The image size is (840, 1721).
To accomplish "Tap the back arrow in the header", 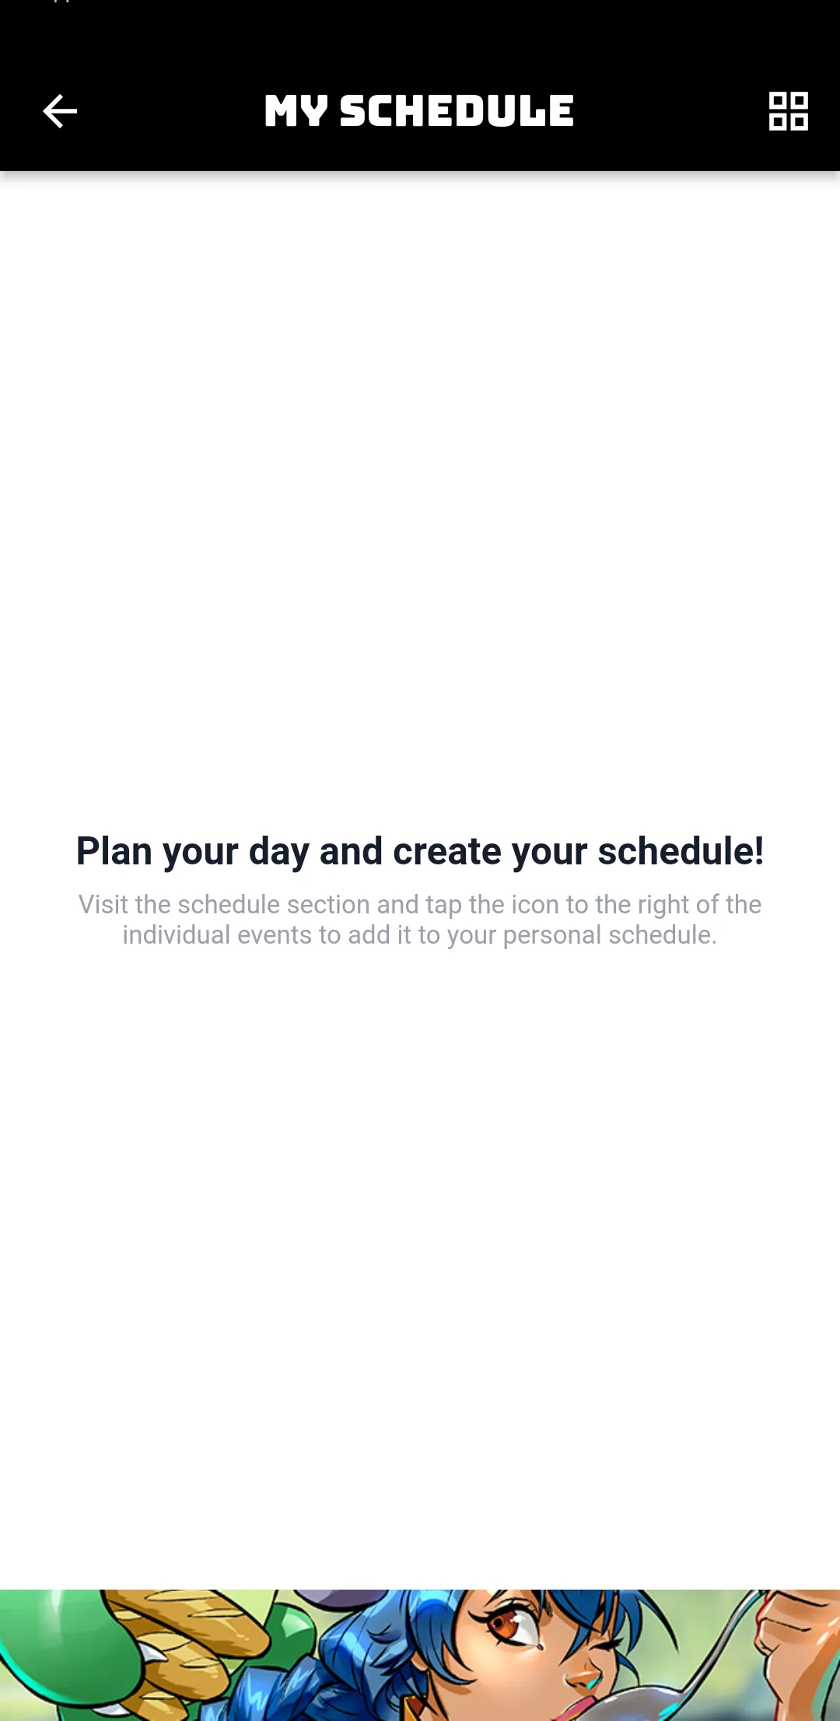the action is [60, 111].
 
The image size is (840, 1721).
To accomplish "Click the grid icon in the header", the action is [789, 111].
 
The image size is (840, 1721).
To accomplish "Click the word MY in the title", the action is [296, 111].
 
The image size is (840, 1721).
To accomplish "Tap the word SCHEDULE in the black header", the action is [457, 111].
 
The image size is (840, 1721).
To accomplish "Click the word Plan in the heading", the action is [114, 850].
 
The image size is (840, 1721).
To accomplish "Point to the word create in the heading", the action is [447, 850].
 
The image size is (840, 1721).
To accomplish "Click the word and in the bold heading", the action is [352, 850].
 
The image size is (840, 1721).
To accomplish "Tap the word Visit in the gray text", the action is [103, 904].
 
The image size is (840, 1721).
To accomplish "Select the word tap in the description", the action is [443, 906].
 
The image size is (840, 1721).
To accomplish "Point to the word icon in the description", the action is [535, 904].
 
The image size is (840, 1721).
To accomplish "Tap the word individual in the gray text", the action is [177, 934].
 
